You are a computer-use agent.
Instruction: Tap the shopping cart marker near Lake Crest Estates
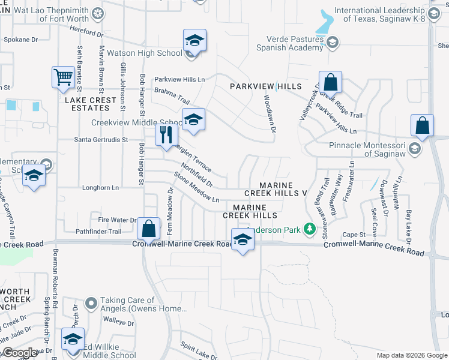62,77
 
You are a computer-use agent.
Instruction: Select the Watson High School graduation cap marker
194,41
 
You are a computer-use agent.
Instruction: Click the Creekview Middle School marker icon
194,119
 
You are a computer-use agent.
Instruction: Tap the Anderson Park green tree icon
310,228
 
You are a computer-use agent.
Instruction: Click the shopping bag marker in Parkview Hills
330,82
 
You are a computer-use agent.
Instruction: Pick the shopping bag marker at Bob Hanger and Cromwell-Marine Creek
148,229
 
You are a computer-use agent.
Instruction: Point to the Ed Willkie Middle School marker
73,339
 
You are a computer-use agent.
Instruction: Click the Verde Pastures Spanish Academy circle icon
333,42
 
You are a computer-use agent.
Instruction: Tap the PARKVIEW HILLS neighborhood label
266,87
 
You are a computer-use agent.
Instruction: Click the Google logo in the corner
20,353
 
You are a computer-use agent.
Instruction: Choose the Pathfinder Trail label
98,232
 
